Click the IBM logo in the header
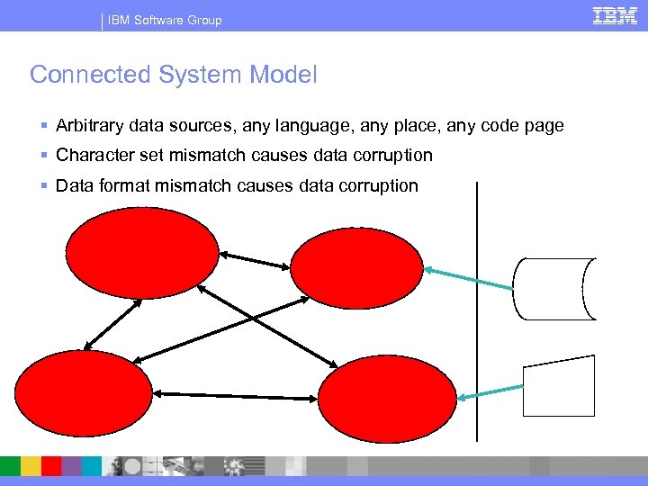(616, 15)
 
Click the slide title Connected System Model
(174, 75)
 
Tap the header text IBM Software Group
(165, 20)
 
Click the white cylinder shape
(554, 288)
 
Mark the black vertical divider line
(477, 310)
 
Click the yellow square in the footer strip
(31, 465)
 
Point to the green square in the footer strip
(10, 465)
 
